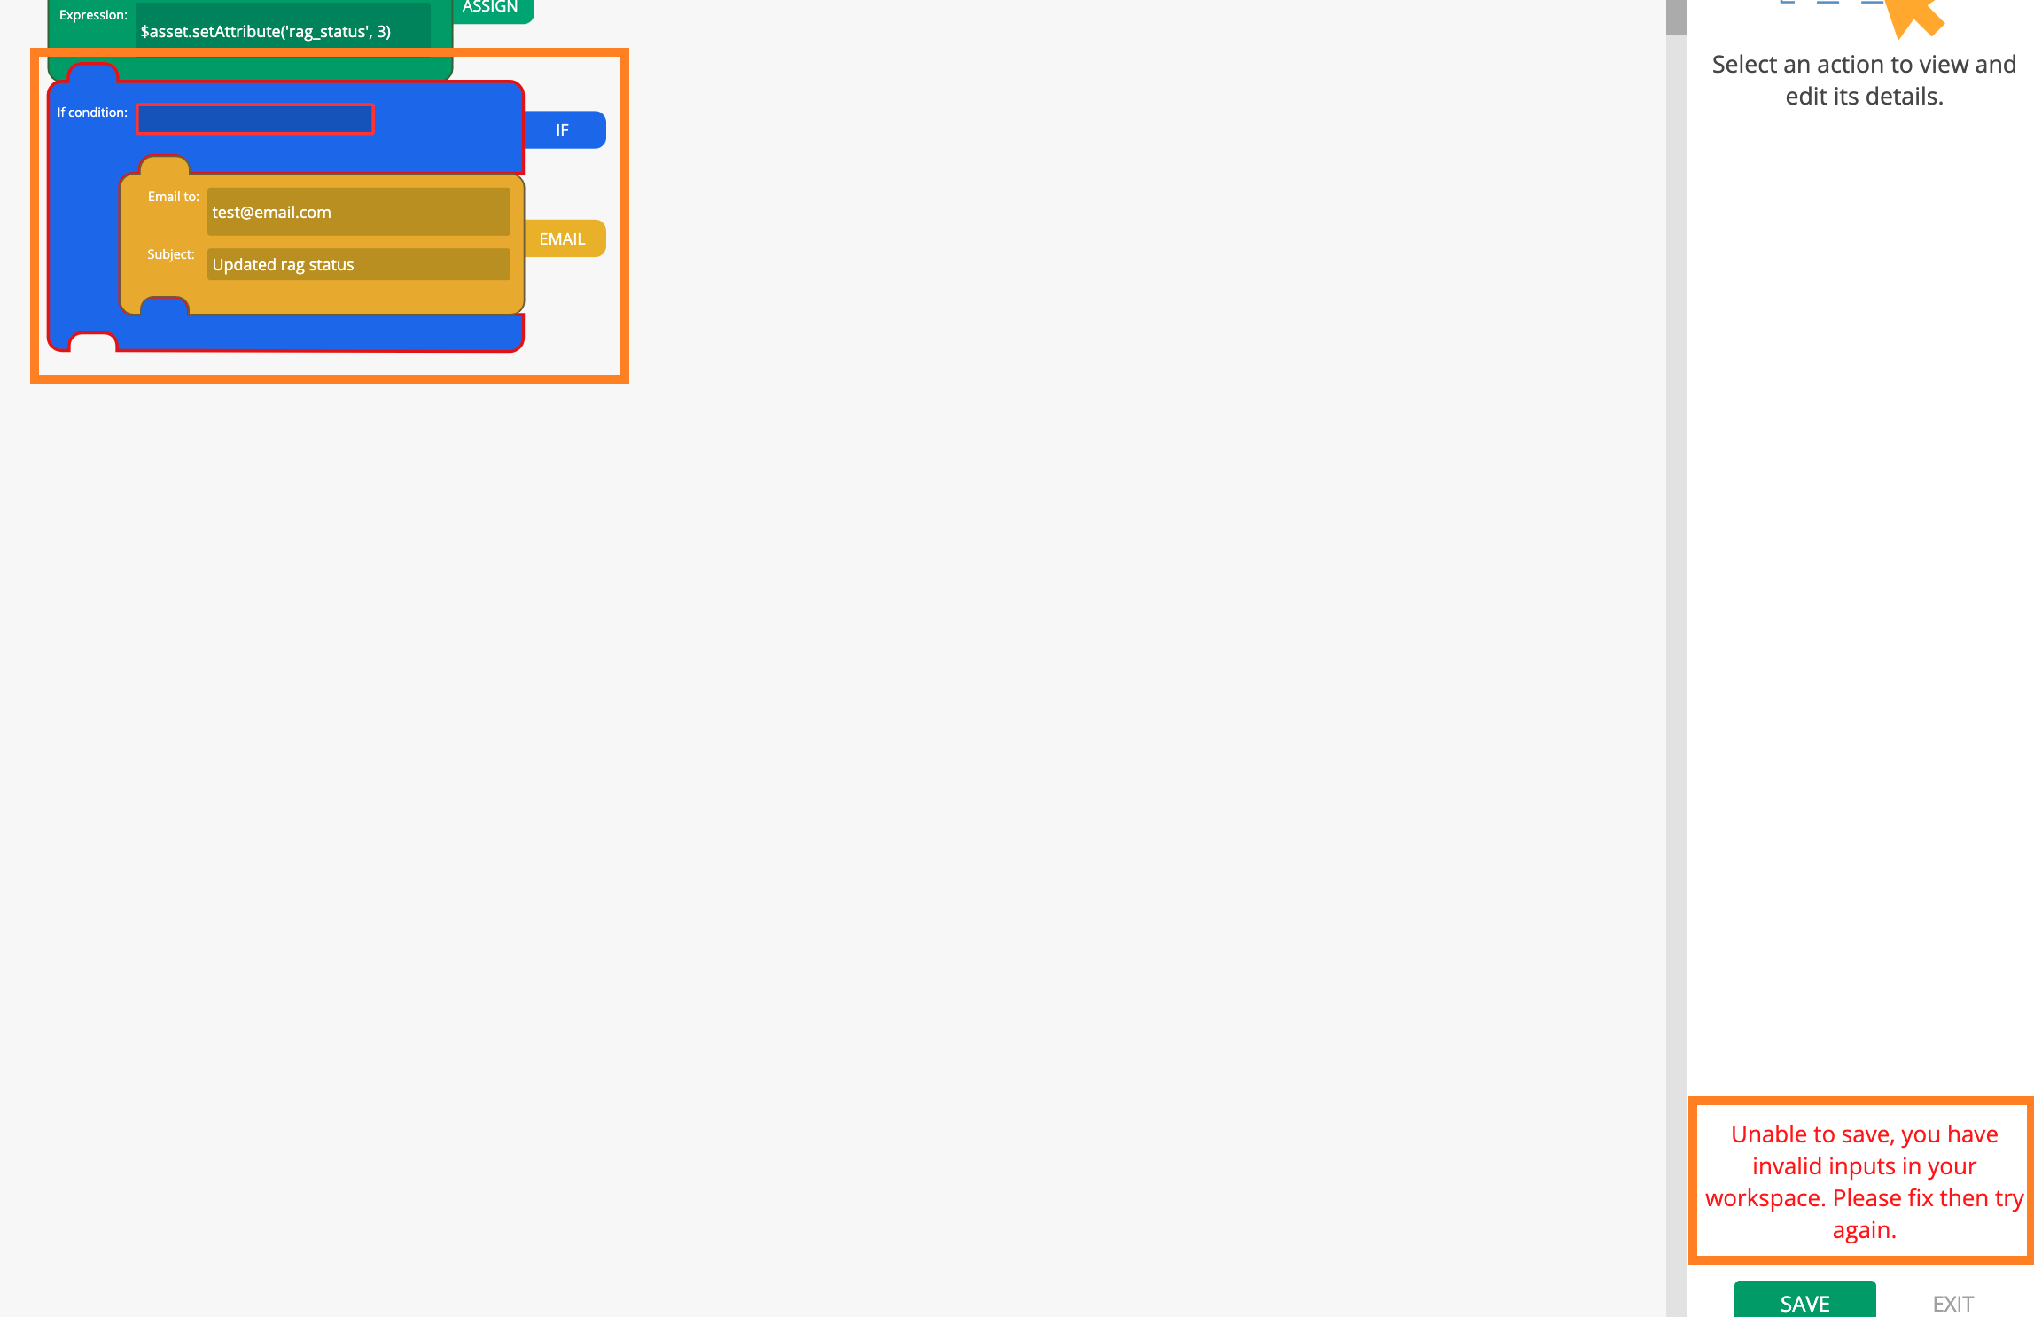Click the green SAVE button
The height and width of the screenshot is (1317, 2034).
click(x=1804, y=1299)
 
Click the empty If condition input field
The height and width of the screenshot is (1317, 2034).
click(x=255, y=119)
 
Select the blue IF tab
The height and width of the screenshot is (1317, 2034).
click(x=565, y=130)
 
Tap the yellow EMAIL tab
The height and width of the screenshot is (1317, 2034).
click(x=565, y=238)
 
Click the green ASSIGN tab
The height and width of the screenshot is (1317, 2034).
click(x=493, y=9)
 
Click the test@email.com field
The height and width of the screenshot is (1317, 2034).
click(x=358, y=212)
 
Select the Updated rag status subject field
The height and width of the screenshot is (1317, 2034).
click(x=358, y=264)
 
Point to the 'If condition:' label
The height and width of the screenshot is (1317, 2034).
click(x=92, y=113)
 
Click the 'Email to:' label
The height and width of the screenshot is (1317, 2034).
click(x=174, y=197)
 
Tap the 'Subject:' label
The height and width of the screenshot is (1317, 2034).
click(x=171, y=254)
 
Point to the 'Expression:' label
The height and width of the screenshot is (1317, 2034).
click(x=93, y=15)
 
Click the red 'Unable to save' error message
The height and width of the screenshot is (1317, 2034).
click(x=1864, y=1181)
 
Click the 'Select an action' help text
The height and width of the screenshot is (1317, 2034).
click(x=1864, y=80)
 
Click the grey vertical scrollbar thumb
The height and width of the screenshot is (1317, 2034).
click(x=1676, y=18)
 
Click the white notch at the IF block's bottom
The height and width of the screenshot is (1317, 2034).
click(x=93, y=342)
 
